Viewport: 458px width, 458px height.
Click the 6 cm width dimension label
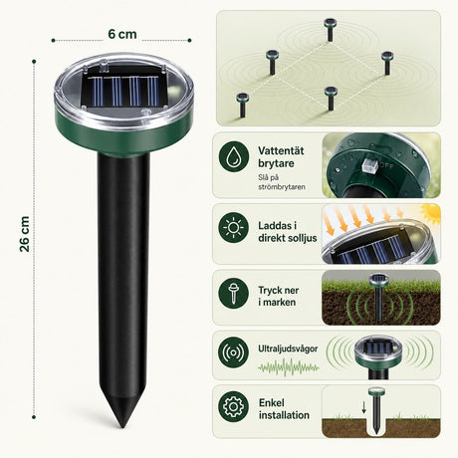coord(122,34)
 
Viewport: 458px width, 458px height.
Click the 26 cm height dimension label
coord(25,234)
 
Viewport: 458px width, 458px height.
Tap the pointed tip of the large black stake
coord(122,427)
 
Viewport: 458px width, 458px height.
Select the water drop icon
coord(234,156)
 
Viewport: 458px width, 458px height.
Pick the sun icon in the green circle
coord(234,227)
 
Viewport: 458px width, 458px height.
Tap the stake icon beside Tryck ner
coord(234,293)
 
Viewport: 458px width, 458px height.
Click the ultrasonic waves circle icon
coord(234,352)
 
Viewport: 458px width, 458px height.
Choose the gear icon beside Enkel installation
coord(234,406)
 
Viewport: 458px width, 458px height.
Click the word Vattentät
coord(281,150)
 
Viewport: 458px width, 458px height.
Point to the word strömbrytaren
coord(282,187)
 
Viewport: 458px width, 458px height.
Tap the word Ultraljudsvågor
coord(288,348)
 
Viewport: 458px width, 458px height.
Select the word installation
coord(284,415)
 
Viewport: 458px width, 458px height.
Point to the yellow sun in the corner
coord(431,213)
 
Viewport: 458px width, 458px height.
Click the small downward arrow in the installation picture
coord(364,407)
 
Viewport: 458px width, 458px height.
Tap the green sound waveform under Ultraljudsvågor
coord(289,367)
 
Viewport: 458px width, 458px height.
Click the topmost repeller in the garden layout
coord(330,30)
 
